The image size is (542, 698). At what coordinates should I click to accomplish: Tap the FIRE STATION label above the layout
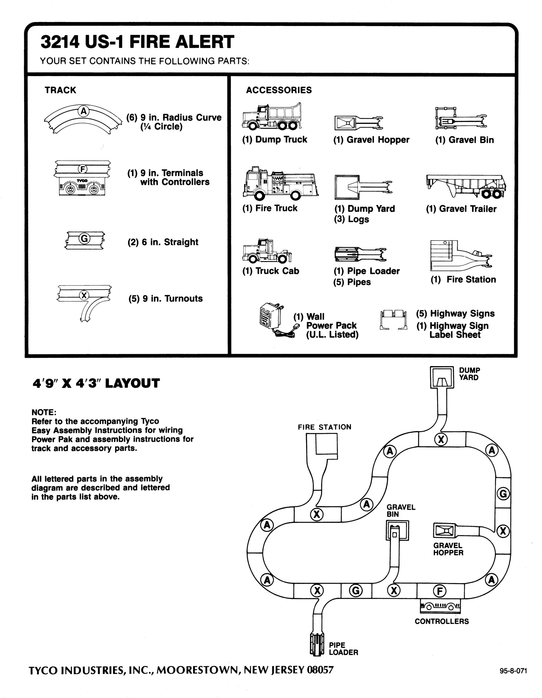tap(324, 427)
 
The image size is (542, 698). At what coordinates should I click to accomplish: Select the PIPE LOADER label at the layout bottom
tap(343, 649)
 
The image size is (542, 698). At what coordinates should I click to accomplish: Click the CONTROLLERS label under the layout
tap(442, 621)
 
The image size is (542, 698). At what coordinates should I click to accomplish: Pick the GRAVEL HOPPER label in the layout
tap(448, 549)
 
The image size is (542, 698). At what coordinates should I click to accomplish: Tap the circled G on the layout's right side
tap(503, 494)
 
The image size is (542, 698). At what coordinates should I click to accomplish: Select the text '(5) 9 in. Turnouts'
tap(165, 299)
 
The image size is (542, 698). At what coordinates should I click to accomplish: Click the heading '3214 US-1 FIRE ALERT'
tap(137, 42)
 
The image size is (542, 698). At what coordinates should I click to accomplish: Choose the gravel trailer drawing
tap(466, 186)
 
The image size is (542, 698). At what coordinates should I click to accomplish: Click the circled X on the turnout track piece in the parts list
tap(84, 295)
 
